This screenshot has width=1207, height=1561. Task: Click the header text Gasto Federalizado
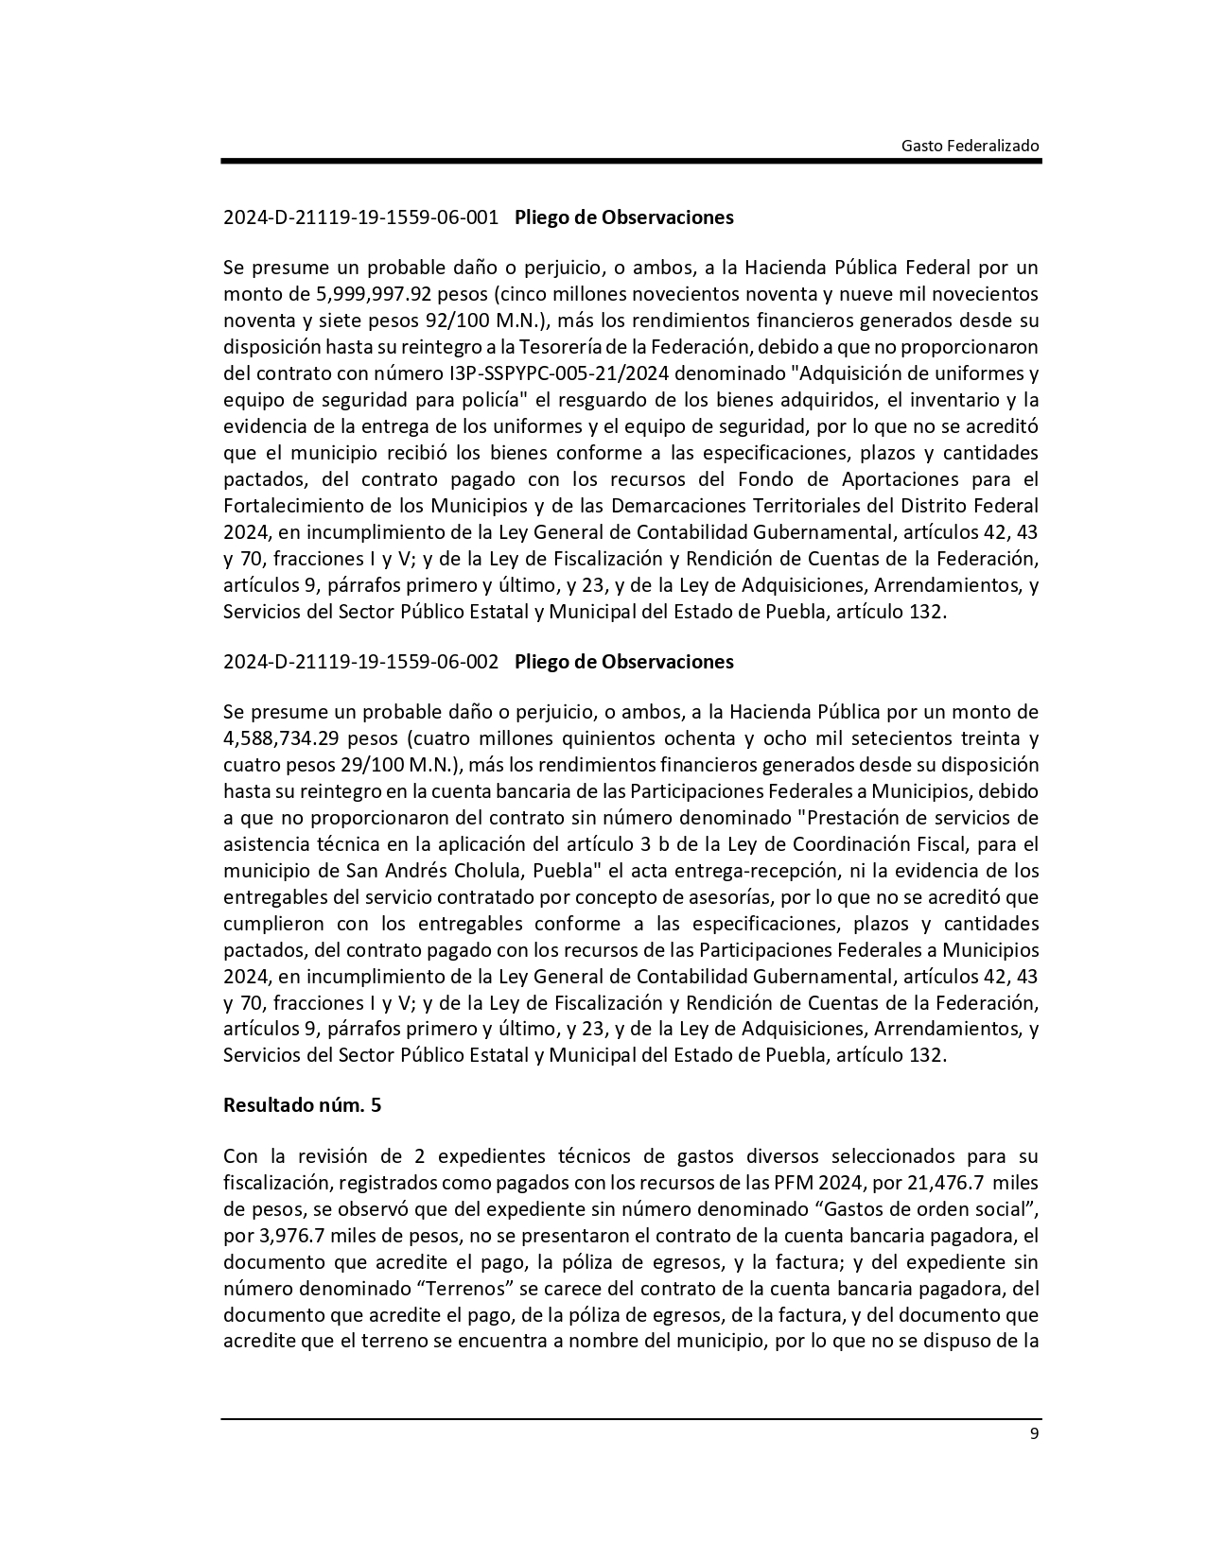(x=970, y=146)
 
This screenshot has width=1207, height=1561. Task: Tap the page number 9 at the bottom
(x=1034, y=1433)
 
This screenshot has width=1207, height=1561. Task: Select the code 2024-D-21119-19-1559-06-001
(x=360, y=217)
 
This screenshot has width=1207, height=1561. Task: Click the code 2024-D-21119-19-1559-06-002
(x=360, y=662)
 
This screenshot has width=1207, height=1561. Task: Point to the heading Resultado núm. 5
(x=302, y=1104)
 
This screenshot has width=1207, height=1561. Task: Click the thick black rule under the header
(x=631, y=162)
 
